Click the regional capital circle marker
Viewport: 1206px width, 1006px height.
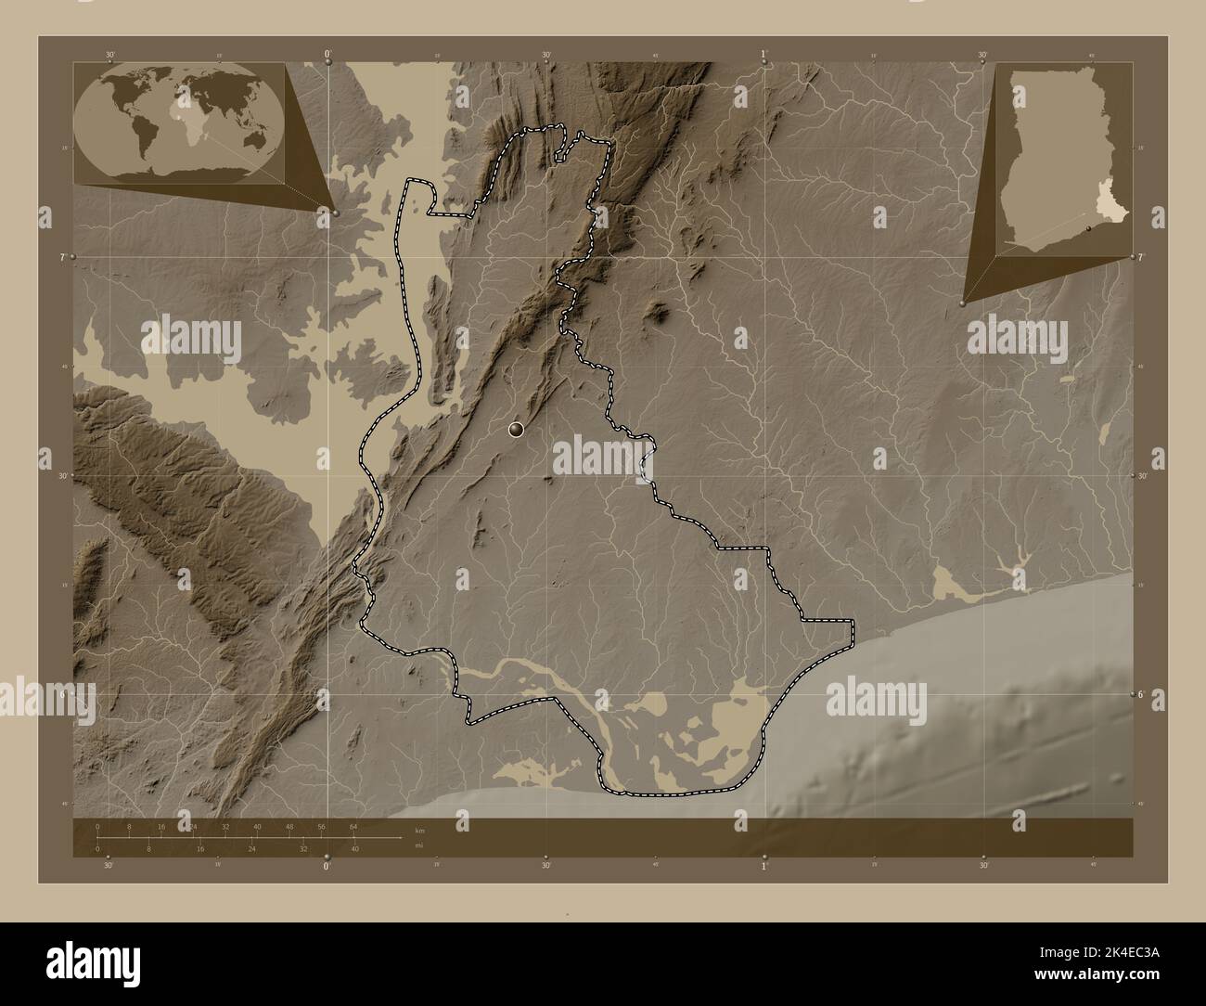click(x=516, y=429)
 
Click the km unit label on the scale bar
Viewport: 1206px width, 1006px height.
click(x=419, y=829)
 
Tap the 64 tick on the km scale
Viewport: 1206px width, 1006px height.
click(x=353, y=826)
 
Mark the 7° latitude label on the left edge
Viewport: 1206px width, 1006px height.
click(x=62, y=255)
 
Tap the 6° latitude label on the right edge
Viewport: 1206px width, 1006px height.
click(x=1144, y=693)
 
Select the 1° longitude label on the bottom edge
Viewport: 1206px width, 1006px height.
click(x=764, y=867)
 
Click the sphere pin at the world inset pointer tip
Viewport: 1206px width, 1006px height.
click(x=336, y=213)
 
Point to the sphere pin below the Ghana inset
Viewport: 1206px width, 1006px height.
click(x=963, y=303)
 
